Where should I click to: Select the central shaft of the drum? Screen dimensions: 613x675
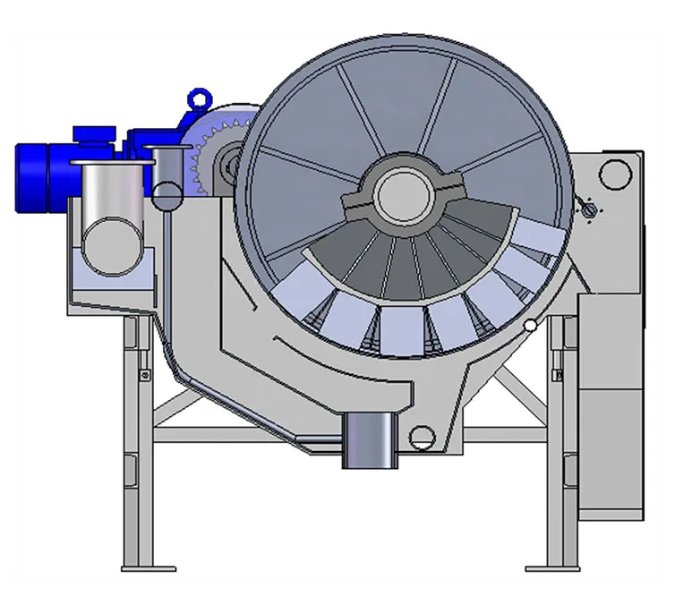(402, 195)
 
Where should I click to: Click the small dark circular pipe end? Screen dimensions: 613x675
(167, 192)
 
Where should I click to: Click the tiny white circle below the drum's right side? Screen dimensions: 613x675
(532, 326)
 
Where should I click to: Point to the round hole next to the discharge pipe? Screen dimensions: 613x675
(421, 438)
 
